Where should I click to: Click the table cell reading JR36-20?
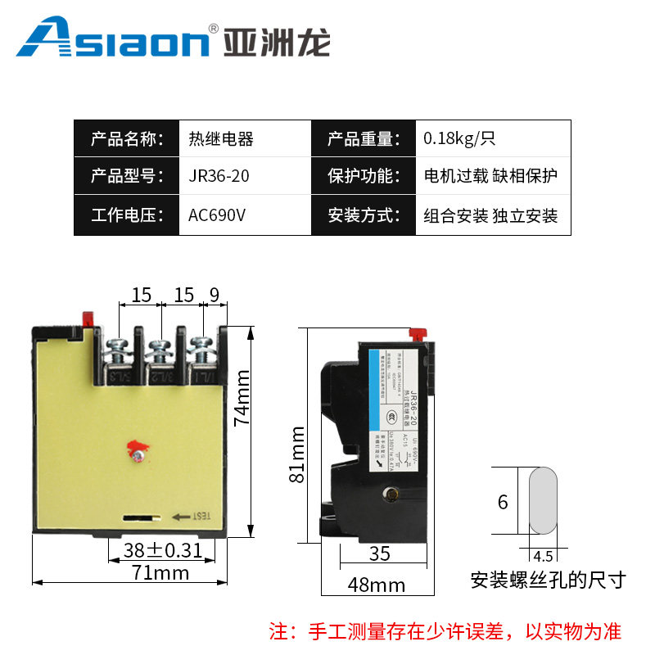(219, 177)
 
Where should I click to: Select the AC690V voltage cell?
(217, 216)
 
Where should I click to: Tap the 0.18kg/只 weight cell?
(459, 138)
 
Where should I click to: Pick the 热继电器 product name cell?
(221, 138)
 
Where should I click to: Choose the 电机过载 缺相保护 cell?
(490, 177)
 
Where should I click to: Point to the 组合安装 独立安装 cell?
(490, 216)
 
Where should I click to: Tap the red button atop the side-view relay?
(417, 333)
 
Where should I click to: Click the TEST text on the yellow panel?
(201, 516)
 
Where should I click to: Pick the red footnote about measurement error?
(445, 631)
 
